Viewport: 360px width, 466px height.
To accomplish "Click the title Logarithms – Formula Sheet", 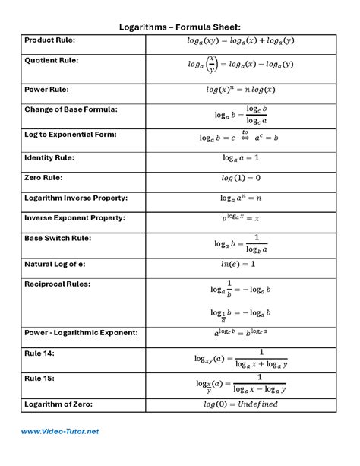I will pyautogui.click(x=180, y=27).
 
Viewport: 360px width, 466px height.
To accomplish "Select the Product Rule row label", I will pyautogui.click(x=50, y=40).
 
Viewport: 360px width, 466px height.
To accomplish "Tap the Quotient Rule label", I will pyautogui.click(x=52, y=60).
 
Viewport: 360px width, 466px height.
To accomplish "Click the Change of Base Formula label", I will pyautogui.click(x=71, y=109).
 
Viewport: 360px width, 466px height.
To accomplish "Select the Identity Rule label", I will pyautogui.click(x=49, y=157).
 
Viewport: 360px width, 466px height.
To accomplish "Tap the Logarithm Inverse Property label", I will pyautogui.click(x=75, y=198).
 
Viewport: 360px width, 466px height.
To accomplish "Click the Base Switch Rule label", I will pyautogui.click(x=58, y=238).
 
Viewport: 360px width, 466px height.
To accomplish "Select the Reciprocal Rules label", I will pyautogui.click(x=57, y=284).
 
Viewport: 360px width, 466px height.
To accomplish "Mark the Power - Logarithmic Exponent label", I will pyautogui.click(x=81, y=332).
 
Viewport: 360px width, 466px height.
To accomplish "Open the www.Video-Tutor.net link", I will pyautogui.click(x=60, y=432).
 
